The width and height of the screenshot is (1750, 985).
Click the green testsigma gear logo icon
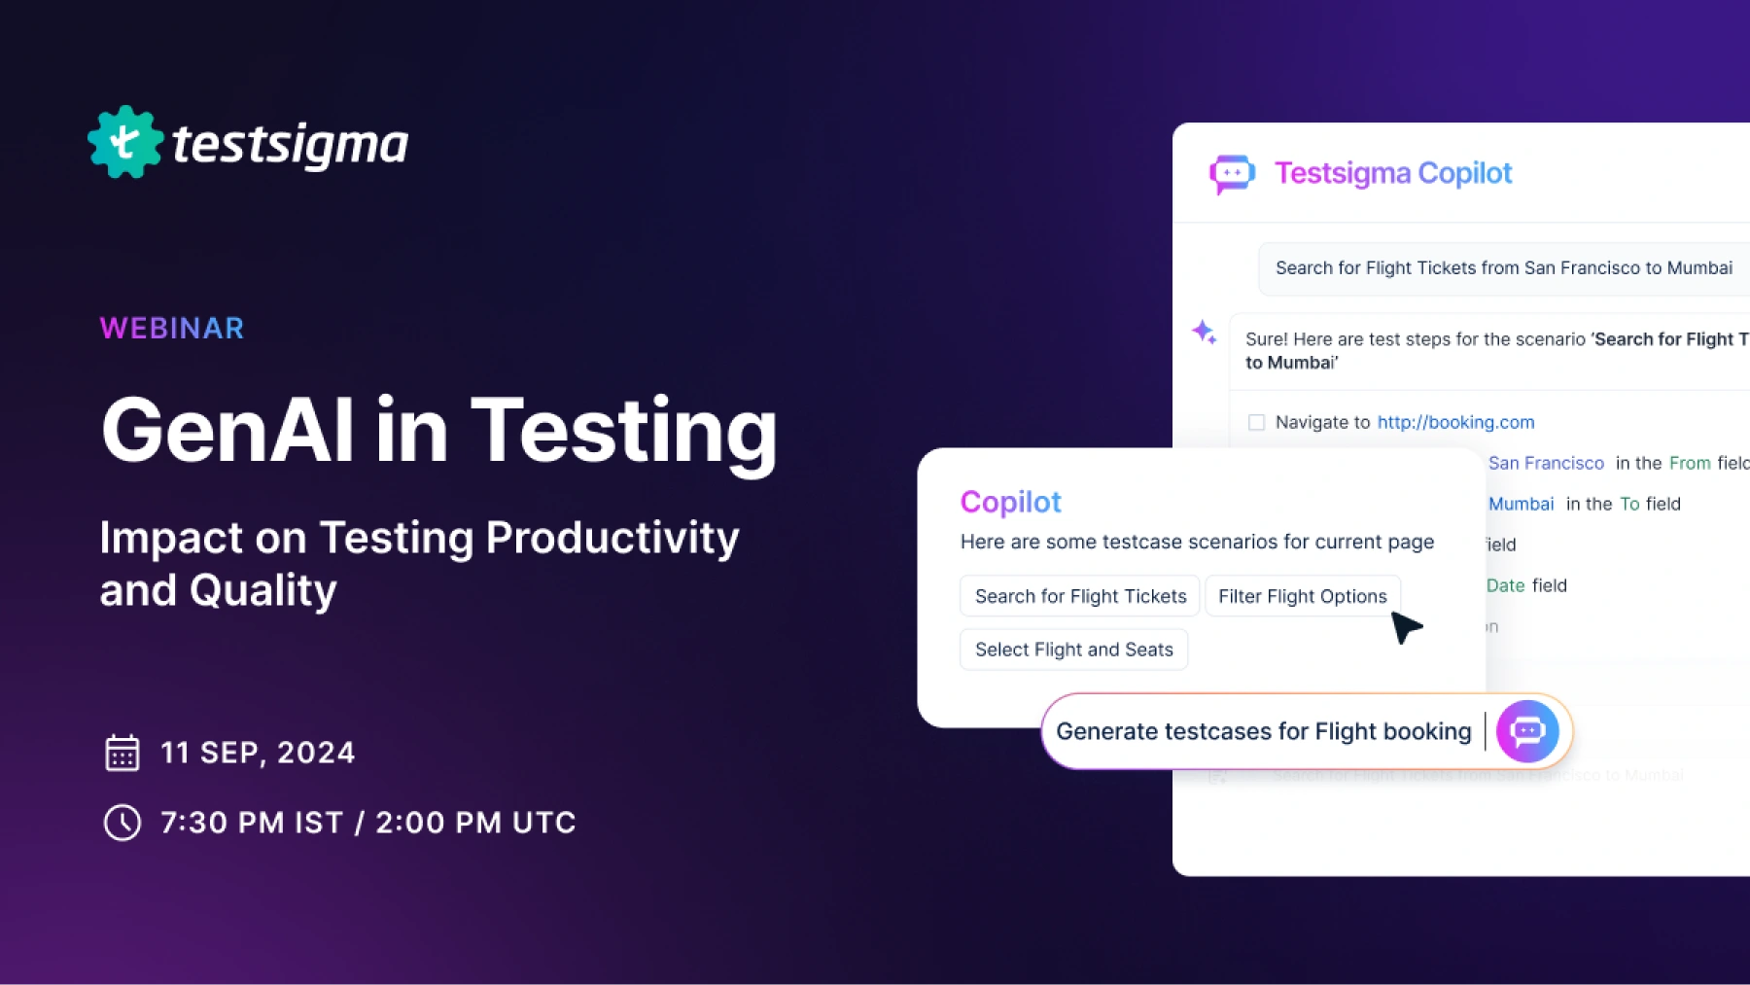coord(125,143)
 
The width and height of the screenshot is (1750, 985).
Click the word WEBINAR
coord(172,329)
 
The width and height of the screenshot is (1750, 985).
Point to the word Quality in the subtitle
coord(262,590)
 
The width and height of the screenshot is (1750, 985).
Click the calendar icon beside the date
coord(122,753)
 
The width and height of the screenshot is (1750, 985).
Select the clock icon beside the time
coord(122,823)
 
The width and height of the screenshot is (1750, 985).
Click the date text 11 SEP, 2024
coord(258,753)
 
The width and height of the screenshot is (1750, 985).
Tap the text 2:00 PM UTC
coord(475,823)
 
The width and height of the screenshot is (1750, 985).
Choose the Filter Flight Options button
coord(1302,596)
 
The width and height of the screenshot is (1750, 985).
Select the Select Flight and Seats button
coord(1073,650)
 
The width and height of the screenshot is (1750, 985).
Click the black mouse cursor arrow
coord(1405,627)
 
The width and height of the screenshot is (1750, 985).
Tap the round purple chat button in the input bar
coord(1526,731)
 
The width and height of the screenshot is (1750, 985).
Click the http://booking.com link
coord(1455,422)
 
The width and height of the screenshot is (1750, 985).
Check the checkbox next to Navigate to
coord(1256,422)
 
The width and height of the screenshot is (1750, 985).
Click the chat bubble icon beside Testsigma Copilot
coord(1231,174)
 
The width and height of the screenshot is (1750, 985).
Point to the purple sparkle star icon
coord(1204,333)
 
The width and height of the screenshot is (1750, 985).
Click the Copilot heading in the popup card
coord(1010,502)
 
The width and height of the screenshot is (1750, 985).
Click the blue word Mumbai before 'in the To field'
coord(1521,504)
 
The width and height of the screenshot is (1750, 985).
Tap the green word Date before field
coord(1505,585)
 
